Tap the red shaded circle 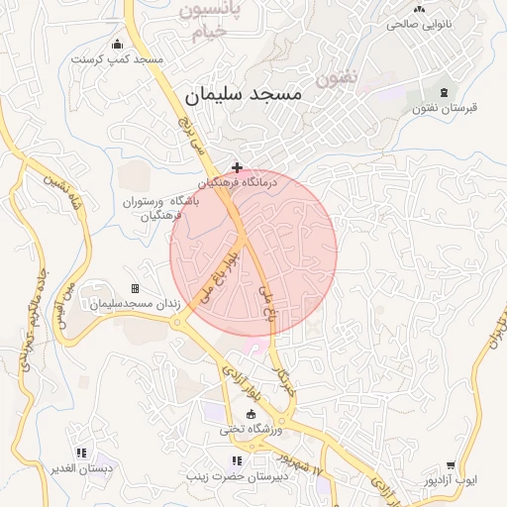[x=253, y=252]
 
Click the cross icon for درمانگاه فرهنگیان [x=236, y=167]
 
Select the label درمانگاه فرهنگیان [x=237, y=183]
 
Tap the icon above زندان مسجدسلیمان [x=135, y=288]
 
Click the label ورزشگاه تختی [x=251, y=430]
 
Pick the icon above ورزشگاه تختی [x=250, y=414]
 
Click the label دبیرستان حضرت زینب [x=237, y=475]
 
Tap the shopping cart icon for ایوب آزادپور [x=452, y=464]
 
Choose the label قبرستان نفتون [x=445, y=107]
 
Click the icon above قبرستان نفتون [x=443, y=91]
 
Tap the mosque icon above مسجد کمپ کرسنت [x=118, y=44]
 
